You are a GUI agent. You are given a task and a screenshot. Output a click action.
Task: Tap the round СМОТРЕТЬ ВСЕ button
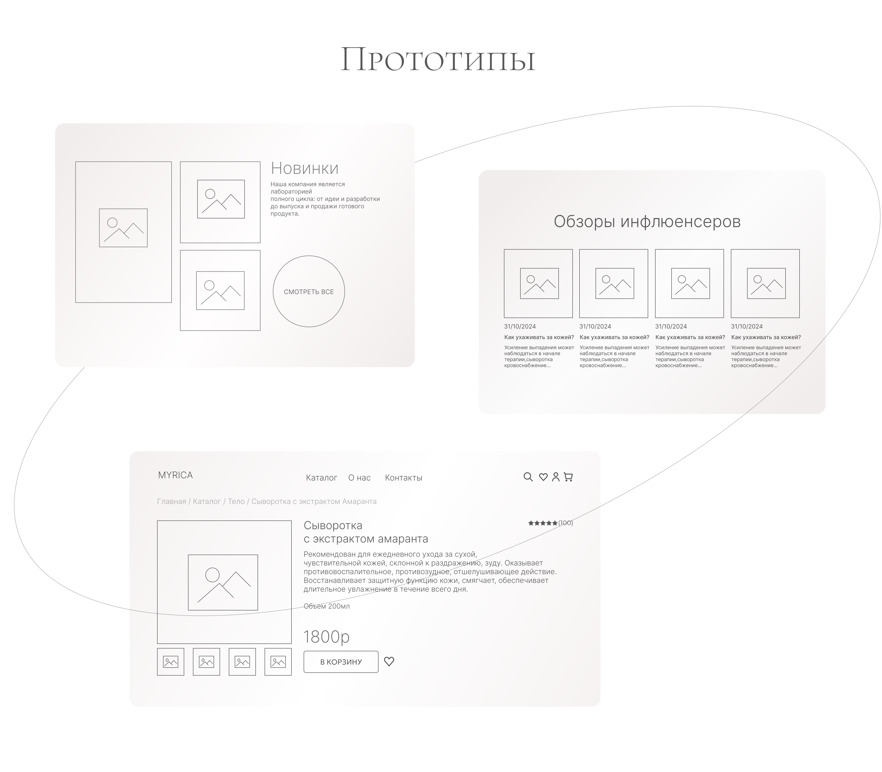[x=309, y=291]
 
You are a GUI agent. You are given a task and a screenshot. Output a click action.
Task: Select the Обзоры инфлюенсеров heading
[x=647, y=221]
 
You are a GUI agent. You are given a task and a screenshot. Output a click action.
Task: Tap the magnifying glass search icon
[x=528, y=477]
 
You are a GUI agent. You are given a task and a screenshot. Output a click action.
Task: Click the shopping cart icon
[x=568, y=477]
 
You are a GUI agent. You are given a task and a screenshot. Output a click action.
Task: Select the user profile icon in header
[x=556, y=477]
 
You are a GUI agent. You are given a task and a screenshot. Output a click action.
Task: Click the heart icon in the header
[x=543, y=477]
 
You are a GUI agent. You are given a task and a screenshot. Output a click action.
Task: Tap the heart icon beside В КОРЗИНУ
[x=389, y=661]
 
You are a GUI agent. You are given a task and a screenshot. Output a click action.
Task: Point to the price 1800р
[x=326, y=636]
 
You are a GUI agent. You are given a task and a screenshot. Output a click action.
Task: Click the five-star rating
[x=543, y=523]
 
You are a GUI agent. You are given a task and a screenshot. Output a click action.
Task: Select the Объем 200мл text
[x=327, y=606]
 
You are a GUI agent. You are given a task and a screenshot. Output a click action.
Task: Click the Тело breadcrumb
[x=236, y=501]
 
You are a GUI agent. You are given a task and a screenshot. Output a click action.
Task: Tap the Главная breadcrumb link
[x=172, y=501]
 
